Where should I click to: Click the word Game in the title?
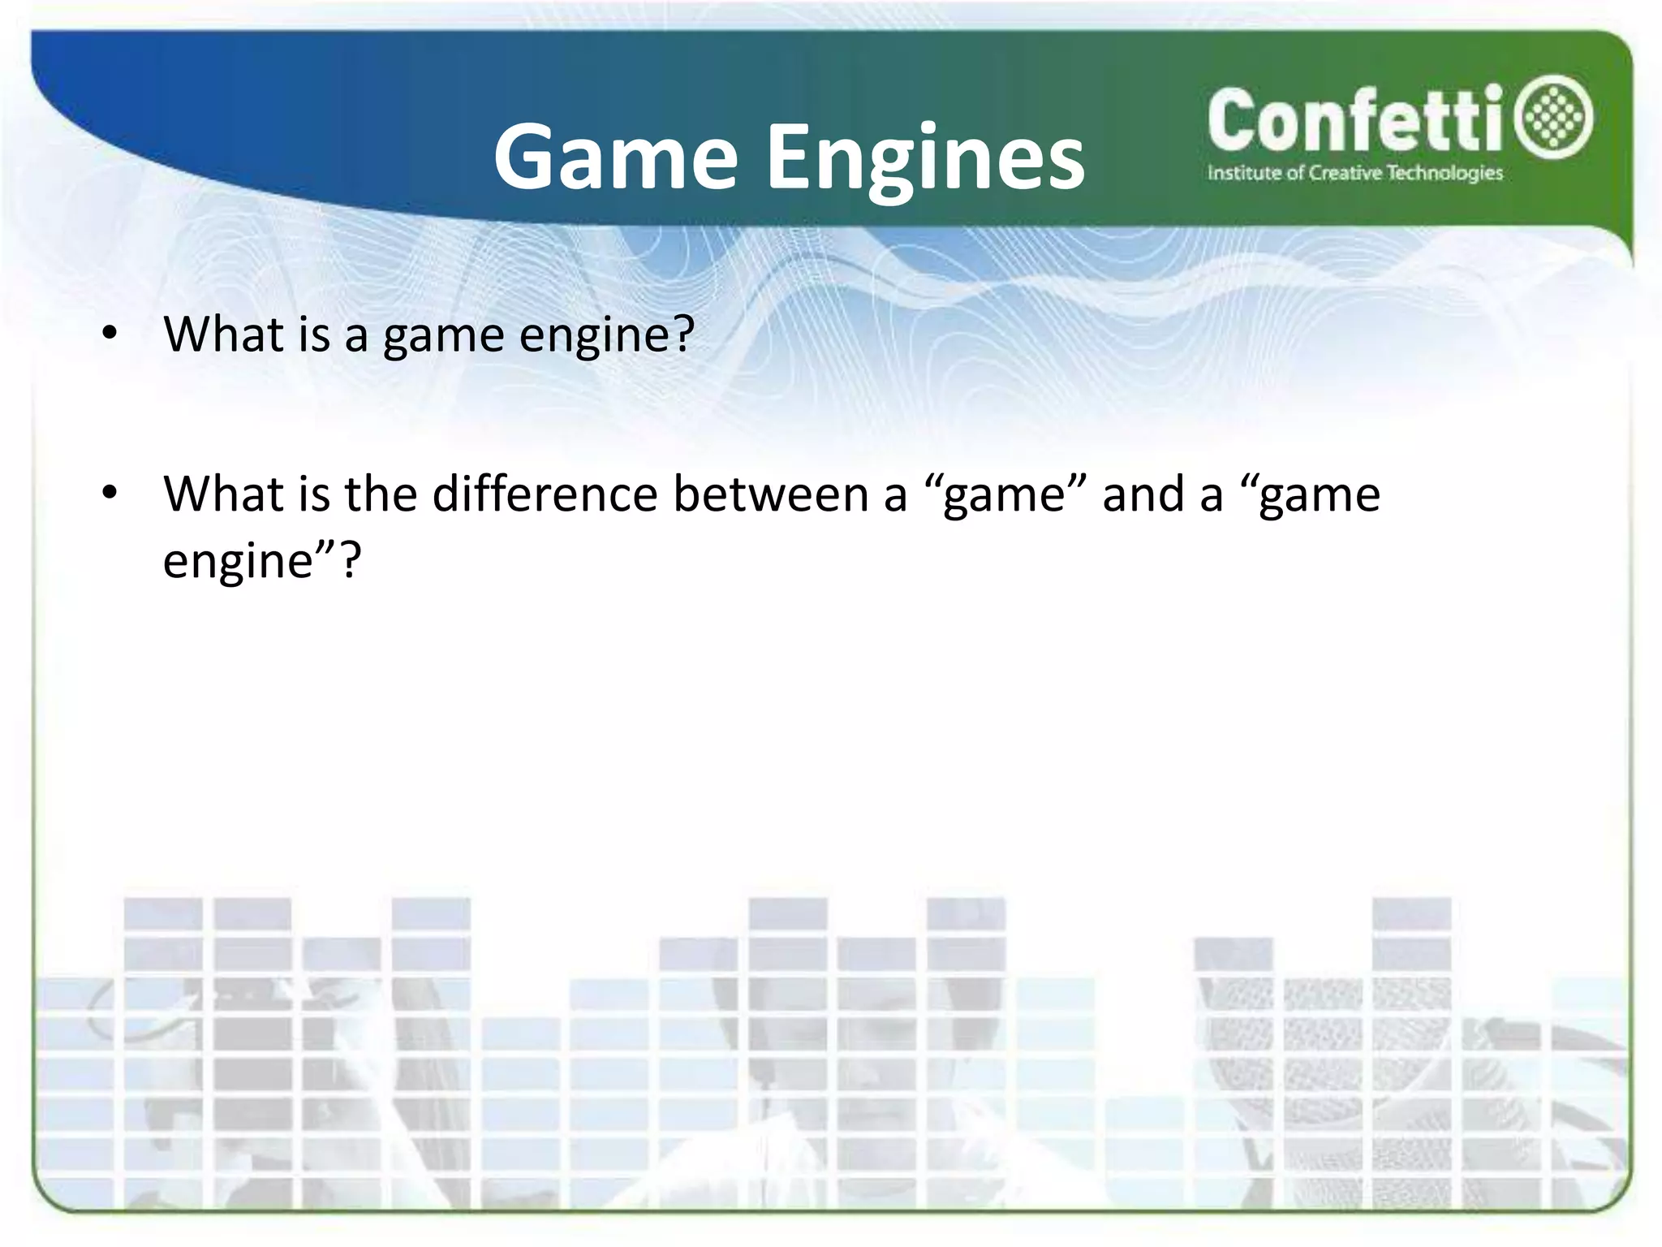(x=615, y=158)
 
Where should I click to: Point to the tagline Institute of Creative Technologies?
(x=1354, y=173)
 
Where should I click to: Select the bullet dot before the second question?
(x=110, y=492)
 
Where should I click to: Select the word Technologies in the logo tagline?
(x=1445, y=173)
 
